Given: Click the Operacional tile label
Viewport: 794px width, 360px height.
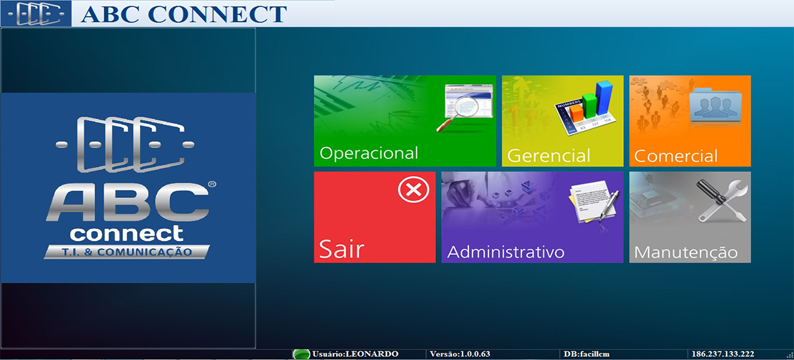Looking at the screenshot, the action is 369,154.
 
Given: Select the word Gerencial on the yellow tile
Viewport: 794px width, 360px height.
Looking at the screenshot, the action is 549,156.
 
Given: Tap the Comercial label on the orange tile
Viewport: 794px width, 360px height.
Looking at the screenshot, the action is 676,156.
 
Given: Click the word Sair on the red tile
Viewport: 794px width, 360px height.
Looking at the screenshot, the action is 341,249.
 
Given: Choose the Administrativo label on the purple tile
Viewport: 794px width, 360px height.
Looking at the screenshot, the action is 506,252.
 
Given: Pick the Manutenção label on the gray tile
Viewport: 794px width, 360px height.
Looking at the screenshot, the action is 686,252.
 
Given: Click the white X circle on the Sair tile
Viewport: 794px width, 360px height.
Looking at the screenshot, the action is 414,189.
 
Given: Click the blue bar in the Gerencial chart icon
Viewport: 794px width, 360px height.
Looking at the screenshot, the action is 603,98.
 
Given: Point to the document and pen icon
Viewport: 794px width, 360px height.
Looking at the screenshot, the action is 594,202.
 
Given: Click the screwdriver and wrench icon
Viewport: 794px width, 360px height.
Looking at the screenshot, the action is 722,201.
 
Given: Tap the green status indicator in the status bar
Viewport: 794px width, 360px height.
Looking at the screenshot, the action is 301,354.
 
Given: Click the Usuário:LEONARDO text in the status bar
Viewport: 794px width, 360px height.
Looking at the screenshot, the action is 355,354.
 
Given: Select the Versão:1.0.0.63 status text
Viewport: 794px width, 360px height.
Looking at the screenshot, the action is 460,354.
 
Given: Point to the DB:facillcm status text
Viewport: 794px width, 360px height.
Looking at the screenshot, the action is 586,354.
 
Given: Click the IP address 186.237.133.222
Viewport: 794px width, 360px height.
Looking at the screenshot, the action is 723,354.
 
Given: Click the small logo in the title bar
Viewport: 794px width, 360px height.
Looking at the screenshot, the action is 36,14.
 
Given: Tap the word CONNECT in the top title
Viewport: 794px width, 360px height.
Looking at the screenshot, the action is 217,14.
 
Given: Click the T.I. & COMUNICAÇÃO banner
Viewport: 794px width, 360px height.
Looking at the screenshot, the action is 127,252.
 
